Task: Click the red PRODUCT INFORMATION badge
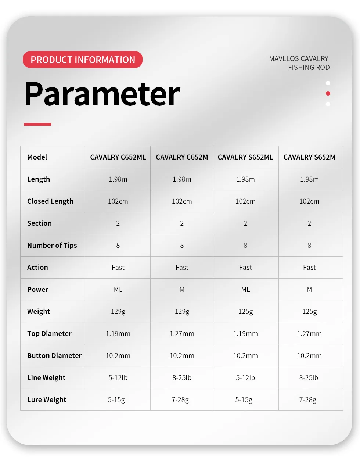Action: point(83,60)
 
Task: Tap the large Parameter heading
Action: point(102,94)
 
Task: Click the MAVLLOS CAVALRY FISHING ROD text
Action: point(299,63)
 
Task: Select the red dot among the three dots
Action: point(328,93)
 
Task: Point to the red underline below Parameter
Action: point(37,124)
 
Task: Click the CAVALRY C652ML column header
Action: point(118,157)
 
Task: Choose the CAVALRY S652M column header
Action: point(309,157)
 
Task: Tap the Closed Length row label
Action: point(50,201)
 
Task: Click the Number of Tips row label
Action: point(52,246)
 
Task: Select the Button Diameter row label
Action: point(54,356)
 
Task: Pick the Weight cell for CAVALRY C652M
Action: point(182,312)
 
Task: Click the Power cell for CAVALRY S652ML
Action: point(245,290)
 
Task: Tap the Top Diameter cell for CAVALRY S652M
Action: point(309,334)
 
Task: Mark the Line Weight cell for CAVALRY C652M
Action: point(182,378)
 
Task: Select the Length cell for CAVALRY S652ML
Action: point(245,179)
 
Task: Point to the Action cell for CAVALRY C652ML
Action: point(118,268)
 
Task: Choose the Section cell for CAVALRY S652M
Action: point(309,223)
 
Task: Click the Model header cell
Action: point(37,157)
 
